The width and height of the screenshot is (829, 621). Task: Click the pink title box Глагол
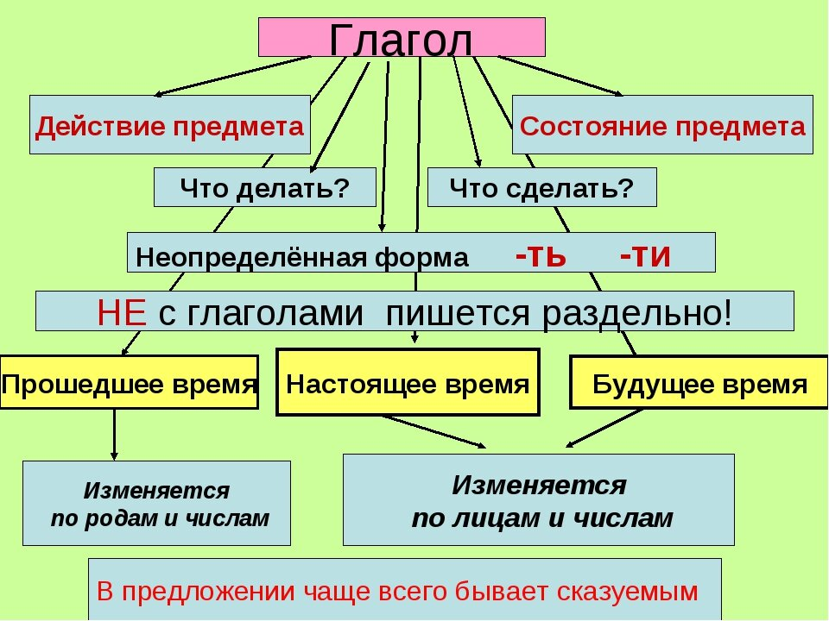402,37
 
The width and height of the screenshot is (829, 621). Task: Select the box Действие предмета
170,124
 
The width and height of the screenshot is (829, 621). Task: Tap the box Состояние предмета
662,124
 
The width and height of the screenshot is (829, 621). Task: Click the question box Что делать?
265,187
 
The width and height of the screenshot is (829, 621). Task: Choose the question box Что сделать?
542,187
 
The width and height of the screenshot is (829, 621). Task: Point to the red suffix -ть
541,256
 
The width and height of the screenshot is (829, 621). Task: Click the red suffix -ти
645,256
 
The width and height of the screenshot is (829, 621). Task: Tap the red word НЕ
122,312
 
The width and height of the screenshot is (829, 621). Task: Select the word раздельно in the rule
637,313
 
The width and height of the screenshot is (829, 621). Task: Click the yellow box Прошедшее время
129,382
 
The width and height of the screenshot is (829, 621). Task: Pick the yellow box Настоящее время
408,382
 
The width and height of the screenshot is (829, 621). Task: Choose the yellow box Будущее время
699,382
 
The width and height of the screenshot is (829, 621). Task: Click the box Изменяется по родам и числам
156,503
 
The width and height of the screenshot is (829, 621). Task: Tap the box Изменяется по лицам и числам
539,499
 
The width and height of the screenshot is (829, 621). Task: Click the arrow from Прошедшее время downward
114,434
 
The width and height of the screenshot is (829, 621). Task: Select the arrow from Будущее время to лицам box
604,429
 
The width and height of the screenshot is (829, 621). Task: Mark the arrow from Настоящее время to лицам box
433,431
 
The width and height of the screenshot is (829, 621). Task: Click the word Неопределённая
251,258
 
